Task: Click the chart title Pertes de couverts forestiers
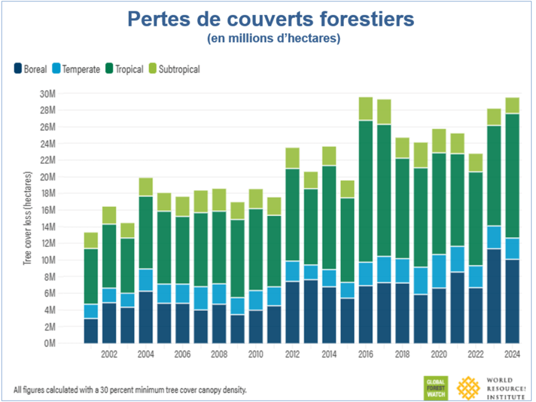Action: tap(271, 19)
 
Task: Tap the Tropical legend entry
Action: tap(124, 69)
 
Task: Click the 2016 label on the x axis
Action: tap(365, 354)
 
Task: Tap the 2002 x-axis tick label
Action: tap(109, 354)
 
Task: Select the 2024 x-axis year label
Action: tap(512, 354)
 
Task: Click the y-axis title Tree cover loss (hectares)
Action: tap(27, 219)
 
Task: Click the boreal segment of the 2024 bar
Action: tap(512, 301)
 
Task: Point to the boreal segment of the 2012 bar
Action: tap(292, 312)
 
